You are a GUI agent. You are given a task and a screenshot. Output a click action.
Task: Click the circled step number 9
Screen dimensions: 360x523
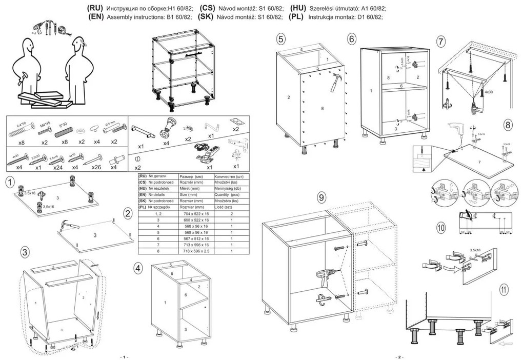tap(321, 198)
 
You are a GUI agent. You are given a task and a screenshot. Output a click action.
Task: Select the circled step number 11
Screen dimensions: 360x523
tap(505, 289)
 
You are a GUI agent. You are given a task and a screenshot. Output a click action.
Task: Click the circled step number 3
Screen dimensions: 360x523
tap(25, 252)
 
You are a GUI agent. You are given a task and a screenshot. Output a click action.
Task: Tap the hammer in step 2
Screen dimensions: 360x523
tap(71, 226)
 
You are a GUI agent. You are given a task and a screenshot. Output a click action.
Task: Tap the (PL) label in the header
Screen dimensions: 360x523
tap(297, 16)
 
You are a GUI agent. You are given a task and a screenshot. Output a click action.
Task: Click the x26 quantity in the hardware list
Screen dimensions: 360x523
tap(97, 167)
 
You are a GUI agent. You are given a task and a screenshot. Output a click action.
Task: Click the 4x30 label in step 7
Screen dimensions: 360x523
tap(488, 92)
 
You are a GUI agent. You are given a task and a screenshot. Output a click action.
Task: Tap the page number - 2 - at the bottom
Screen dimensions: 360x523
tap(399, 356)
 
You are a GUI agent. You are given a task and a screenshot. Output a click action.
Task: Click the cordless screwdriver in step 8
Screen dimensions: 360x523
tap(456, 129)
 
